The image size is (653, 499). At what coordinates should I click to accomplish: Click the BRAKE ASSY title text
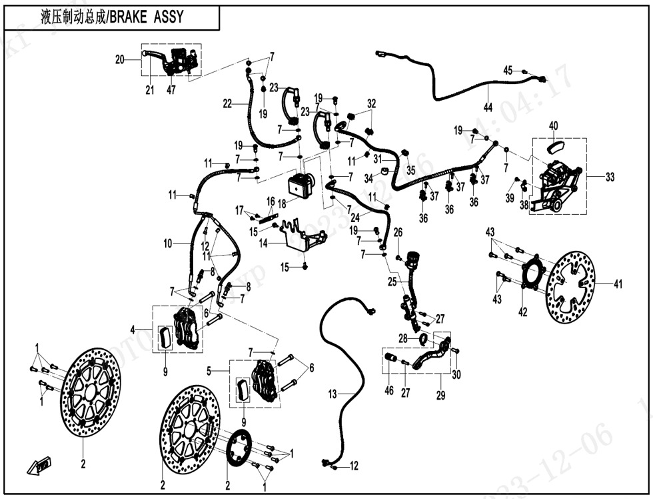point(111,17)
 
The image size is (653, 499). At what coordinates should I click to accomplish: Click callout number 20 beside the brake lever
point(120,59)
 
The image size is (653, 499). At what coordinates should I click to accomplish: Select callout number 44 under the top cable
point(488,107)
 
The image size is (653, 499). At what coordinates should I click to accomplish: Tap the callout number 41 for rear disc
point(618,285)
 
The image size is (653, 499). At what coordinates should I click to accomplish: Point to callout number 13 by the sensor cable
point(332,395)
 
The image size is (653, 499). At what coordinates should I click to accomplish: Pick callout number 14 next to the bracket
point(263,244)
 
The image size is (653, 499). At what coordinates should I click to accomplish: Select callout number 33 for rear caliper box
point(610,177)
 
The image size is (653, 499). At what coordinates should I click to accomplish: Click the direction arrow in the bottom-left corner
point(40,464)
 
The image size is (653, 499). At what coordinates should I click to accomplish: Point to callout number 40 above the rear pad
point(553,125)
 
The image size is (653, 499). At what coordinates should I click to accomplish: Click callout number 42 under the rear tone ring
point(522,311)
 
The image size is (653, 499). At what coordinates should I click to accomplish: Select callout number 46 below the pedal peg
point(389,391)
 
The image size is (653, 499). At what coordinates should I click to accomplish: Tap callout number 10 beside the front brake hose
point(168,244)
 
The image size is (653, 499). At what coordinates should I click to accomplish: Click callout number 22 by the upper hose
point(227,103)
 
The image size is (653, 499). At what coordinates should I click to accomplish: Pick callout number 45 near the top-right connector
point(508,70)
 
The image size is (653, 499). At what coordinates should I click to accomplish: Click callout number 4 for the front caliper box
point(133,329)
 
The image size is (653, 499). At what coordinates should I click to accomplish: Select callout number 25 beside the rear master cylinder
point(393,282)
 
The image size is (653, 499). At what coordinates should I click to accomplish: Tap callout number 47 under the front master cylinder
point(171,90)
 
